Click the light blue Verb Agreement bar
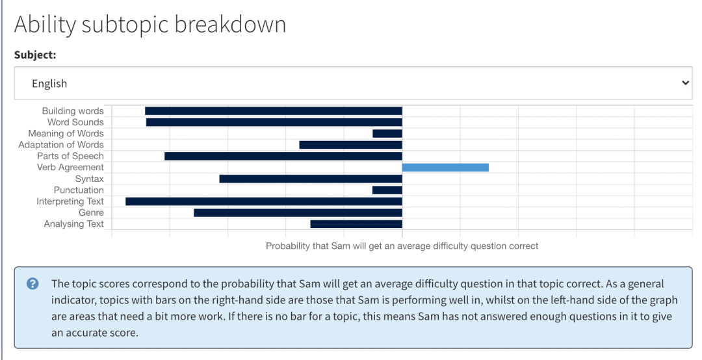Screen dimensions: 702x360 (x=445, y=168)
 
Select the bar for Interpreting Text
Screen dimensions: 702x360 (x=264, y=201)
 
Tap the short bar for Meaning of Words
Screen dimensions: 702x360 (x=387, y=133)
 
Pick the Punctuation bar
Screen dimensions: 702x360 (x=387, y=190)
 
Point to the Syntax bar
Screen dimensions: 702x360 (x=311, y=179)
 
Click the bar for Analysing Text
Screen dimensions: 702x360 (x=356, y=224)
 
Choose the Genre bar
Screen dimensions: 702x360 (x=298, y=212)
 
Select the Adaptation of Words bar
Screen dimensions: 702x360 (x=350, y=145)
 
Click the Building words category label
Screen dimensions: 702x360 (x=73, y=111)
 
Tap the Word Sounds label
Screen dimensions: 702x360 (x=75, y=122)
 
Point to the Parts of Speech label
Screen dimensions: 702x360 (x=70, y=156)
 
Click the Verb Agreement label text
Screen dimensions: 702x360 (x=70, y=168)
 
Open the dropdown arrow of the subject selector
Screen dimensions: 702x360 (x=685, y=83)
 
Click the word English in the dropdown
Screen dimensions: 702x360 (x=49, y=84)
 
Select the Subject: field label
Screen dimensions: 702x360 (x=35, y=55)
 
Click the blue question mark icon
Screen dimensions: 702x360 (x=32, y=284)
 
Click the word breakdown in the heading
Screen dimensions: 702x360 (x=229, y=24)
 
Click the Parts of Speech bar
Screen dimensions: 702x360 (x=283, y=156)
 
